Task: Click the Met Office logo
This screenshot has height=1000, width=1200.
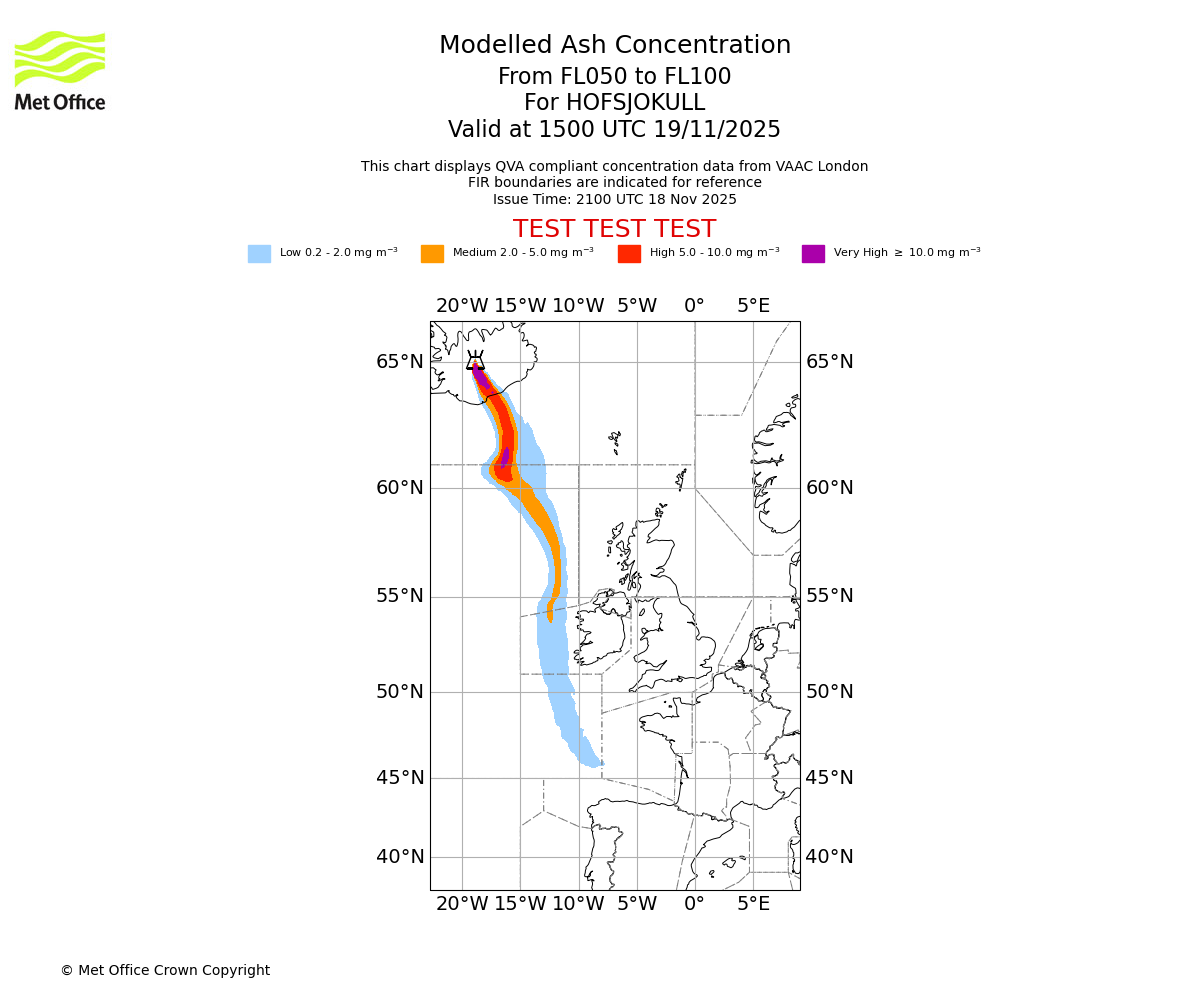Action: click(60, 70)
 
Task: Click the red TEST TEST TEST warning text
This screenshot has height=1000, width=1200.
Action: click(614, 229)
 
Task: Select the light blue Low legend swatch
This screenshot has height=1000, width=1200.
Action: click(259, 254)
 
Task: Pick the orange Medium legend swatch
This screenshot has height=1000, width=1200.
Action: click(432, 254)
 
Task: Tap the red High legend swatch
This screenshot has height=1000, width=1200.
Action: click(629, 254)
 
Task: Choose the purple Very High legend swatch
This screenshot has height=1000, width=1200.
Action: click(813, 254)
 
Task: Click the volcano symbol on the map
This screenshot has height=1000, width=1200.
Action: click(475, 361)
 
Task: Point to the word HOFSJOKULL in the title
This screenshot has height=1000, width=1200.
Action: click(614, 103)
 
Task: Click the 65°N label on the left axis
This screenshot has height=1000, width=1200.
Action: click(399, 362)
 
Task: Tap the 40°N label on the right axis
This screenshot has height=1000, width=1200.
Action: click(830, 857)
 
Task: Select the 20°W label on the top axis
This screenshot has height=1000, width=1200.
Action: click(462, 306)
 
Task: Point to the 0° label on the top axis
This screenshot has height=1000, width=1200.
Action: click(694, 306)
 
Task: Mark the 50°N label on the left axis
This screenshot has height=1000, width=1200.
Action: click(399, 692)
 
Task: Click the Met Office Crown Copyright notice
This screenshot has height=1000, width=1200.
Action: click(165, 971)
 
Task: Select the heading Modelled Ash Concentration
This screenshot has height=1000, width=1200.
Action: click(614, 46)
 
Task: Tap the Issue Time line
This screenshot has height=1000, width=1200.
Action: click(614, 199)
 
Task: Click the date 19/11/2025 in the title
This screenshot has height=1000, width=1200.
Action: click(717, 130)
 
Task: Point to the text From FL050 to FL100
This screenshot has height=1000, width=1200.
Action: click(614, 77)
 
